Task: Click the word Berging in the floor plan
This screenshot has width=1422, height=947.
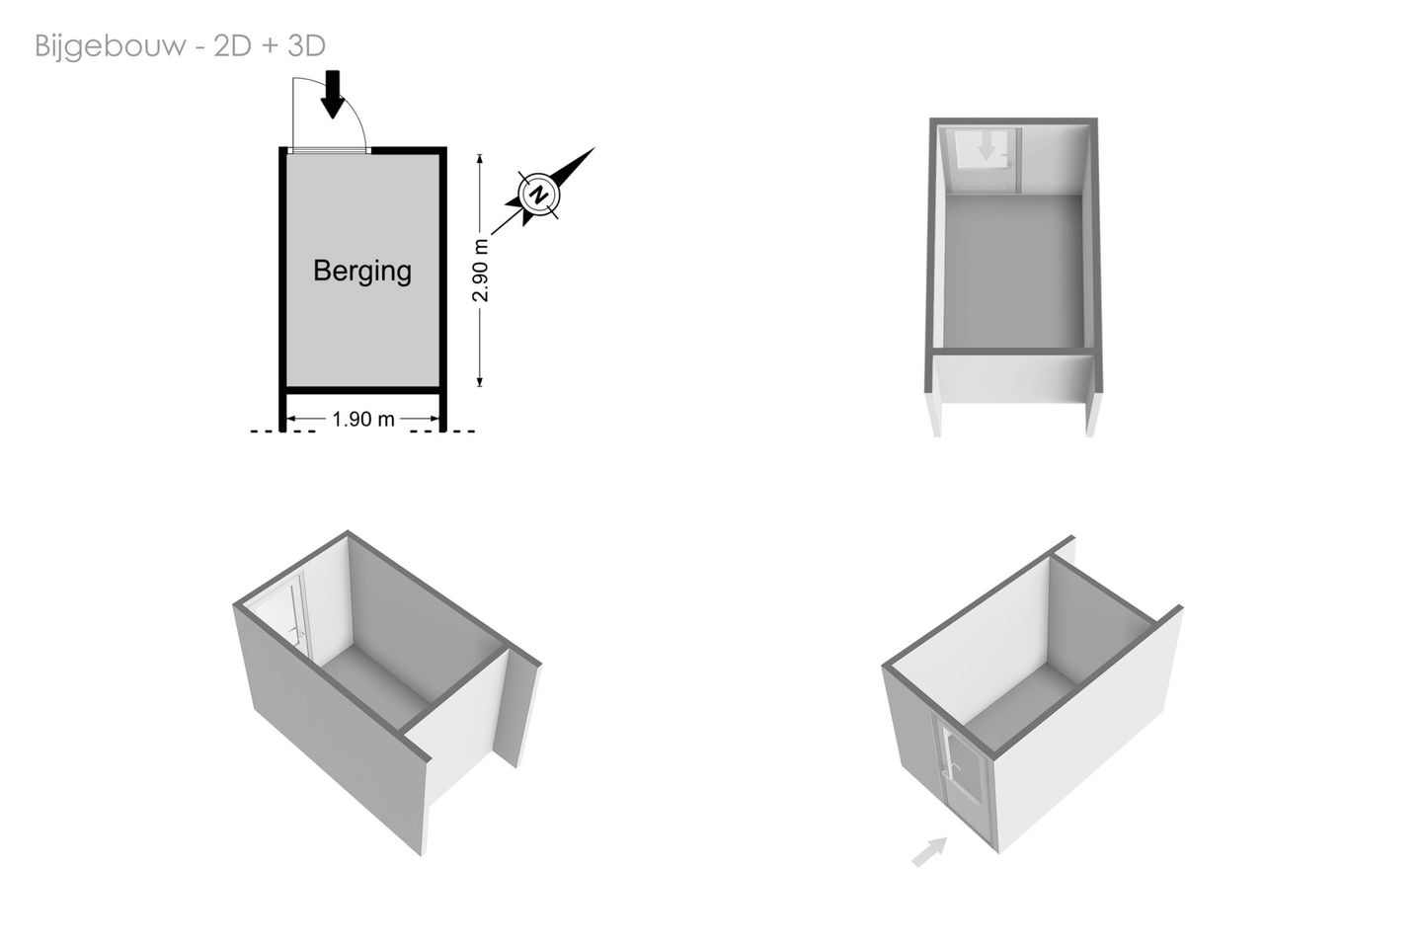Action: click(x=362, y=271)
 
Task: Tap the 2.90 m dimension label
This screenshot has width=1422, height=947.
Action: click(x=481, y=271)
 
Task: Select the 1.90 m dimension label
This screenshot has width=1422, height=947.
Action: click(x=363, y=419)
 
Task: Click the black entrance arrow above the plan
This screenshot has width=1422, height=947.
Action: click(x=332, y=95)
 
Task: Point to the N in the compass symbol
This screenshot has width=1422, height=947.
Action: click(x=539, y=194)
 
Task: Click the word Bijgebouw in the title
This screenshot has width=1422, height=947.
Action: click(x=111, y=46)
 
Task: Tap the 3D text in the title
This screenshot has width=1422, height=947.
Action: click(x=306, y=45)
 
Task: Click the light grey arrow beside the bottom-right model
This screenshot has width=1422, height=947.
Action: click(x=929, y=852)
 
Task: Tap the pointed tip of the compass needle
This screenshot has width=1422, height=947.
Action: click(x=594, y=148)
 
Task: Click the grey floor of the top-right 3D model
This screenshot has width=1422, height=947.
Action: click(x=1013, y=271)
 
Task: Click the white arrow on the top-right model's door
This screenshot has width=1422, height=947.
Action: click(x=986, y=148)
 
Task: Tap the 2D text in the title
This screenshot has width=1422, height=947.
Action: click(x=232, y=45)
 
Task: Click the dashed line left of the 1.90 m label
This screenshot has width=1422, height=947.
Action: click(x=283, y=432)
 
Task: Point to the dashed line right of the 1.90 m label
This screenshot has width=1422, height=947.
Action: click(x=443, y=432)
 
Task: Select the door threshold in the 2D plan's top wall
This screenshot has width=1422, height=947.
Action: click(x=329, y=150)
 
